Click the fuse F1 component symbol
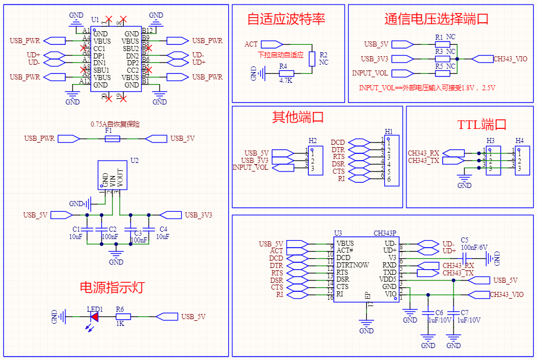click(x=112, y=139)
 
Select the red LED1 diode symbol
click(x=95, y=317)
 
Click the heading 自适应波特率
click(x=286, y=19)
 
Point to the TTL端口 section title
click(x=481, y=124)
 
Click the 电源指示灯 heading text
click(x=112, y=287)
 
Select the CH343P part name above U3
click(x=384, y=233)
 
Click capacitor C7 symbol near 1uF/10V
click(x=454, y=312)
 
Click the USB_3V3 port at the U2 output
click(x=170, y=215)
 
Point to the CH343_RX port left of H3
click(x=452, y=153)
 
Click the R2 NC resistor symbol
click(x=312, y=59)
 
